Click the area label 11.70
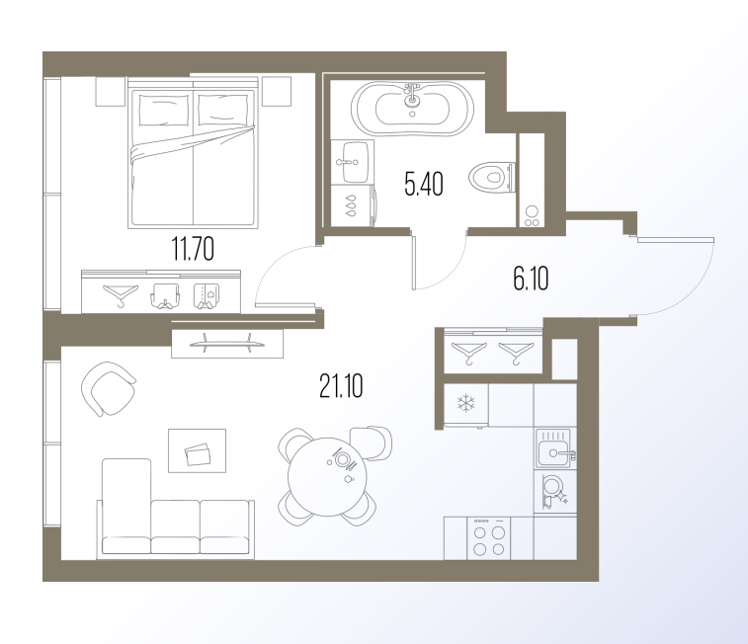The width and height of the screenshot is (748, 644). click(x=193, y=249)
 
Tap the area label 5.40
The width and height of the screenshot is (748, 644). click(x=424, y=184)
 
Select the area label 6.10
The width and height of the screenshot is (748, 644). click(x=531, y=279)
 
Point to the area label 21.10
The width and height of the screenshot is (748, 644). click(x=341, y=386)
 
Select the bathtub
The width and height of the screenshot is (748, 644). click(x=412, y=109)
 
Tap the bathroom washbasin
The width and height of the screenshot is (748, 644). click(x=352, y=162)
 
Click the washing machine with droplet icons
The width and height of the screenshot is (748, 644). click(x=353, y=205)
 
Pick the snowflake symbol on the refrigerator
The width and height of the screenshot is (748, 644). click(x=466, y=403)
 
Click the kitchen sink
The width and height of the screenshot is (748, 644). click(x=554, y=448)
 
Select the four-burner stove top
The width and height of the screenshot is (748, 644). click(x=488, y=538)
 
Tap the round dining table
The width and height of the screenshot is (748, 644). click(x=327, y=475)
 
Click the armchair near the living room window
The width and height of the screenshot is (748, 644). click(x=109, y=388)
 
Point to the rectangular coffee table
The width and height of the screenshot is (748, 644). click(x=197, y=450)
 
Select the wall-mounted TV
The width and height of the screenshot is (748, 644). click(x=227, y=343)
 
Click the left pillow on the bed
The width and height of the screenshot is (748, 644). click(x=163, y=110)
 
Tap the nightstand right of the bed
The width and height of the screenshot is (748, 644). click(x=277, y=91)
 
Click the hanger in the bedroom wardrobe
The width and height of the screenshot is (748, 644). click(x=121, y=294)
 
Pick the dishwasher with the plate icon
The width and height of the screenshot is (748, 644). click(x=554, y=491)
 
